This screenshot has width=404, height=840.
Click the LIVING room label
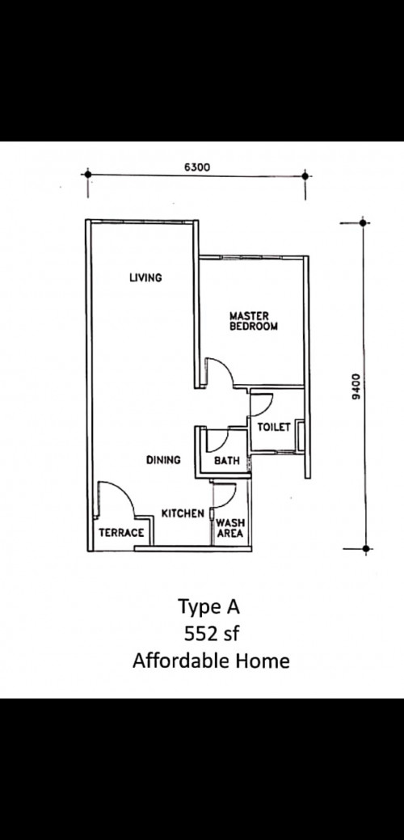click(145, 277)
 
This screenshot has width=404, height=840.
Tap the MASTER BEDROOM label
click(254, 321)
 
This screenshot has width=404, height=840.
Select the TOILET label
click(274, 427)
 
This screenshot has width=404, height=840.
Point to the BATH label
click(227, 460)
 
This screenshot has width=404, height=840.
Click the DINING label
click(163, 460)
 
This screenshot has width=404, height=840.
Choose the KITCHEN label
click(183, 513)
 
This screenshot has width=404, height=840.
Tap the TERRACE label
click(121, 533)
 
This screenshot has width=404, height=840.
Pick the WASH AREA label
click(230, 528)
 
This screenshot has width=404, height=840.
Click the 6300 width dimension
click(197, 167)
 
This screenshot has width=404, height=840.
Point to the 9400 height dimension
click(356, 386)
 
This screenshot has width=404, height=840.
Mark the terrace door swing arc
click(123, 490)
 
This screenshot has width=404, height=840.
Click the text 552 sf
click(212, 634)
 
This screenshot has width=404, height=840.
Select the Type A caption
click(208, 607)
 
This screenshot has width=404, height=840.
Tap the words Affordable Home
click(211, 661)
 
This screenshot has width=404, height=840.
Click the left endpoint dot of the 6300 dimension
click(88, 174)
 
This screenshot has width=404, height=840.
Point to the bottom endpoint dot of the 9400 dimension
click(365, 549)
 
